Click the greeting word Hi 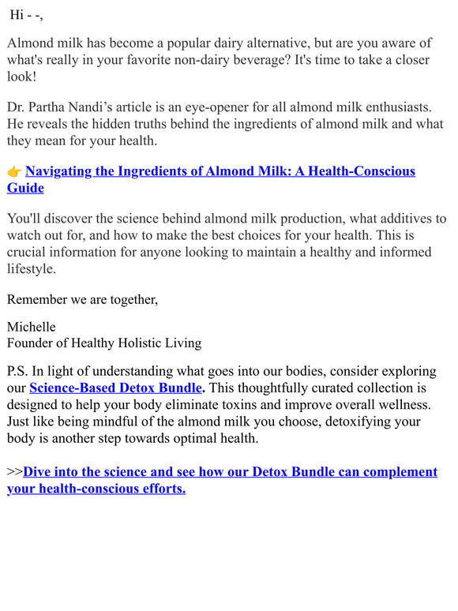coord(16,14)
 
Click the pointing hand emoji coord(14,171)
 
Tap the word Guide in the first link coord(25,188)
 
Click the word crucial coord(28,252)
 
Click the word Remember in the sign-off coord(36,298)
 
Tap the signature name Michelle coord(32,327)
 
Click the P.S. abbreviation coord(18,371)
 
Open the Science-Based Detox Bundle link coord(115,388)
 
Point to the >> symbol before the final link coord(14,472)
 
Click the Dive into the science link coord(229,472)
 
